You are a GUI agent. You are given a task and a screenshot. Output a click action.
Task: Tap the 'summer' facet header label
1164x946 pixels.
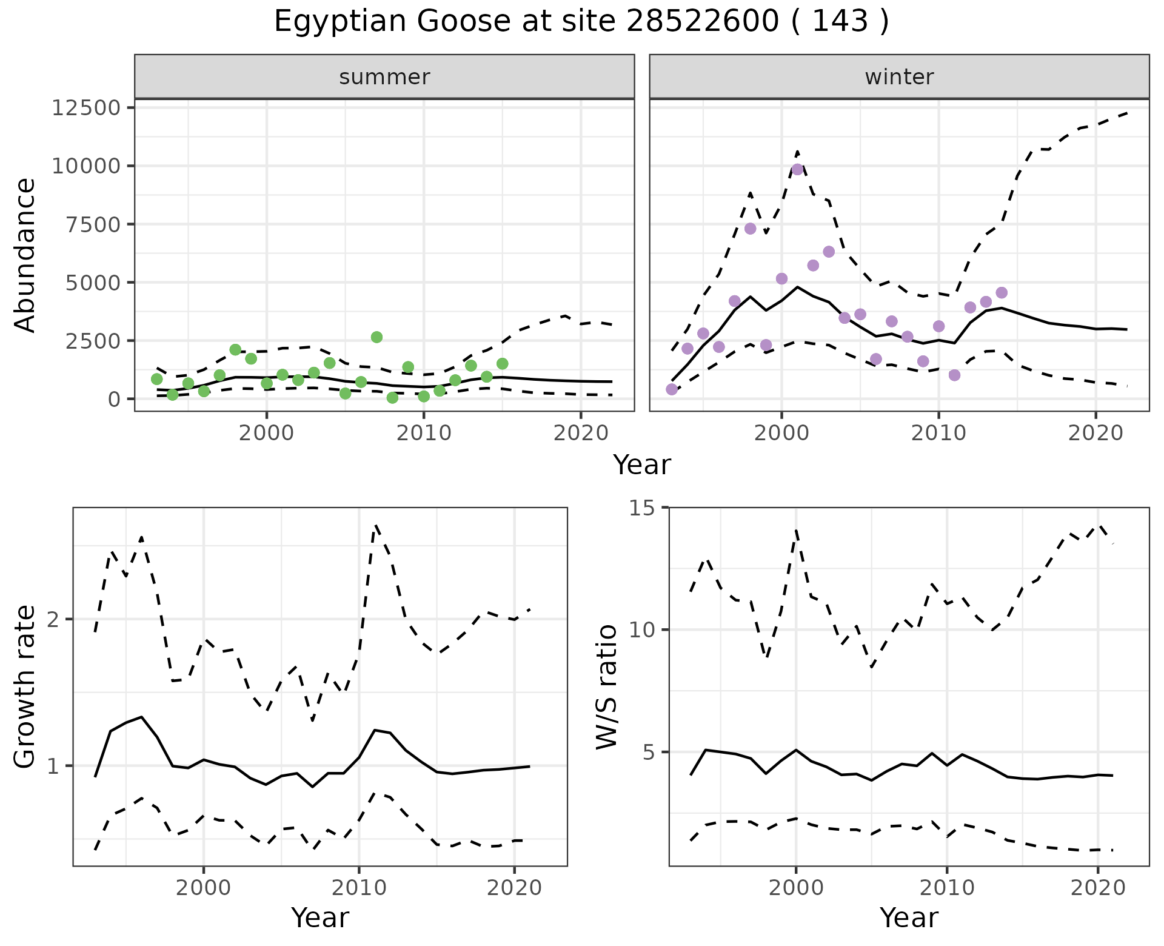coord(384,77)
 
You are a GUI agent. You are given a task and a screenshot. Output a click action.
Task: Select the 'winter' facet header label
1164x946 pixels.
coord(899,77)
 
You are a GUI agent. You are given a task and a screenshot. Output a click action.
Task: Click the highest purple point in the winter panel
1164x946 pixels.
coord(797,169)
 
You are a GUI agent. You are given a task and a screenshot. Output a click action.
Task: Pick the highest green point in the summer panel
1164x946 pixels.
coord(376,337)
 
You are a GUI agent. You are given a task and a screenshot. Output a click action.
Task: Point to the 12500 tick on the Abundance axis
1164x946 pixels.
coord(86,108)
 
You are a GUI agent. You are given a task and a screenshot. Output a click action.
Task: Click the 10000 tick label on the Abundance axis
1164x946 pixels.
coord(86,166)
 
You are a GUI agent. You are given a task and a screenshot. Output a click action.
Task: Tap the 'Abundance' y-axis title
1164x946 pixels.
coord(25,255)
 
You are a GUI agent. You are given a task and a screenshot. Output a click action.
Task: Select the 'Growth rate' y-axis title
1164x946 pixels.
coord(25,686)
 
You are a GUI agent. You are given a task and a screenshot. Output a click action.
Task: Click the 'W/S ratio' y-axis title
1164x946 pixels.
coord(606,686)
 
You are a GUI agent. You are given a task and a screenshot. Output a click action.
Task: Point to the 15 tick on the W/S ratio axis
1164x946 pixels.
coord(647,508)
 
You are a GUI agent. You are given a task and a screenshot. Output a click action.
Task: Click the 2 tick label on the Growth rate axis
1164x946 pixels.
coord(55,620)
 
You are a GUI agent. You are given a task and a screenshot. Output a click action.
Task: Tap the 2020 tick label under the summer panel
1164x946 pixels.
coord(581,434)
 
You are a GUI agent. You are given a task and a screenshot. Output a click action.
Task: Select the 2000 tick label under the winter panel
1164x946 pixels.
coord(781,434)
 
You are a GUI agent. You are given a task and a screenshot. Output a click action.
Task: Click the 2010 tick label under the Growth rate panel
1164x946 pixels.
coord(359,888)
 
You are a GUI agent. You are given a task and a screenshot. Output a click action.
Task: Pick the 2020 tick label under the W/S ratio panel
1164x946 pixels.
coord(1097,888)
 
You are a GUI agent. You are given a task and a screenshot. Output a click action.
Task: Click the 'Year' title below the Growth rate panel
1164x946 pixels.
coord(320,917)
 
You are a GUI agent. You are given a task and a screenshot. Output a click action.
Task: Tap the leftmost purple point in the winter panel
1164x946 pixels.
coord(672,389)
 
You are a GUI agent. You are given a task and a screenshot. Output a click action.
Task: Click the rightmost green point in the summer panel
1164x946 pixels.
coord(502,364)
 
